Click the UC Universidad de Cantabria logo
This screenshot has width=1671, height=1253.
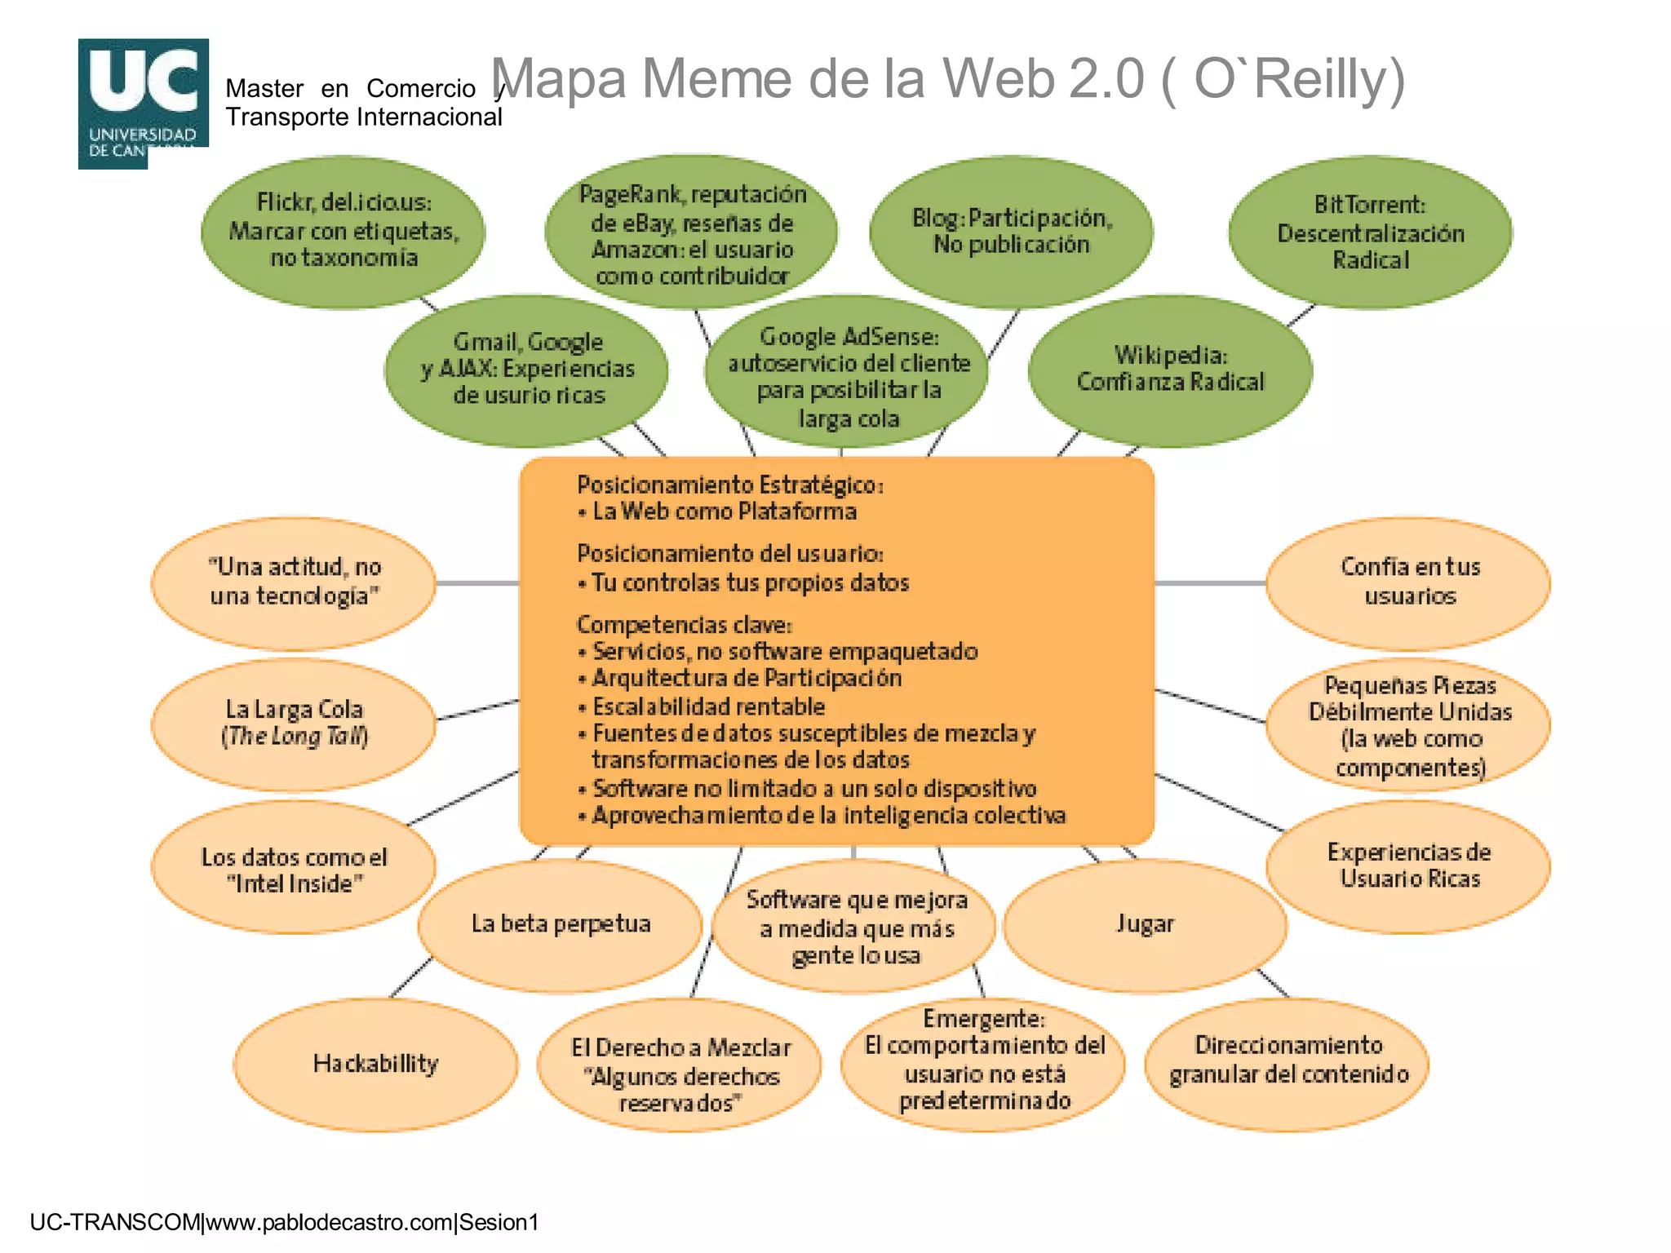(x=143, y=102)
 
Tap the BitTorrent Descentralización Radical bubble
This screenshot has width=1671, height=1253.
(x=1370, y=232)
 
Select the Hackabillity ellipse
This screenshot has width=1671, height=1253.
(x=376, y=1064)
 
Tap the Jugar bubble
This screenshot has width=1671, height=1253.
(x=1145, y=924)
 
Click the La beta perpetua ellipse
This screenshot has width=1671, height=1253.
(x=561, y=924)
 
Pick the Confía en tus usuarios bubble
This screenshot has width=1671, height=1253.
(x=1409, y=582)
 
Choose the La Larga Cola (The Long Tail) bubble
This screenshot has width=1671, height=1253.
(x=295, y=723)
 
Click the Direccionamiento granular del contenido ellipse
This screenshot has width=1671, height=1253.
(x=1288, y=1060)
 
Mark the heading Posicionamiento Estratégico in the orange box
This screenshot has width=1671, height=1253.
(x=729, y=485)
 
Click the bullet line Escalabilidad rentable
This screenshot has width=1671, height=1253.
(x=707, y=706)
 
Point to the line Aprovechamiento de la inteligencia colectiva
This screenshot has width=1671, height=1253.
(x=827, y=816)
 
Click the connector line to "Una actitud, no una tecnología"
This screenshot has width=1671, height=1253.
(x=477, y=583)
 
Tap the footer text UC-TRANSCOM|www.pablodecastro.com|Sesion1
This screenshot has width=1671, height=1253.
(x=284, y=1222)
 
